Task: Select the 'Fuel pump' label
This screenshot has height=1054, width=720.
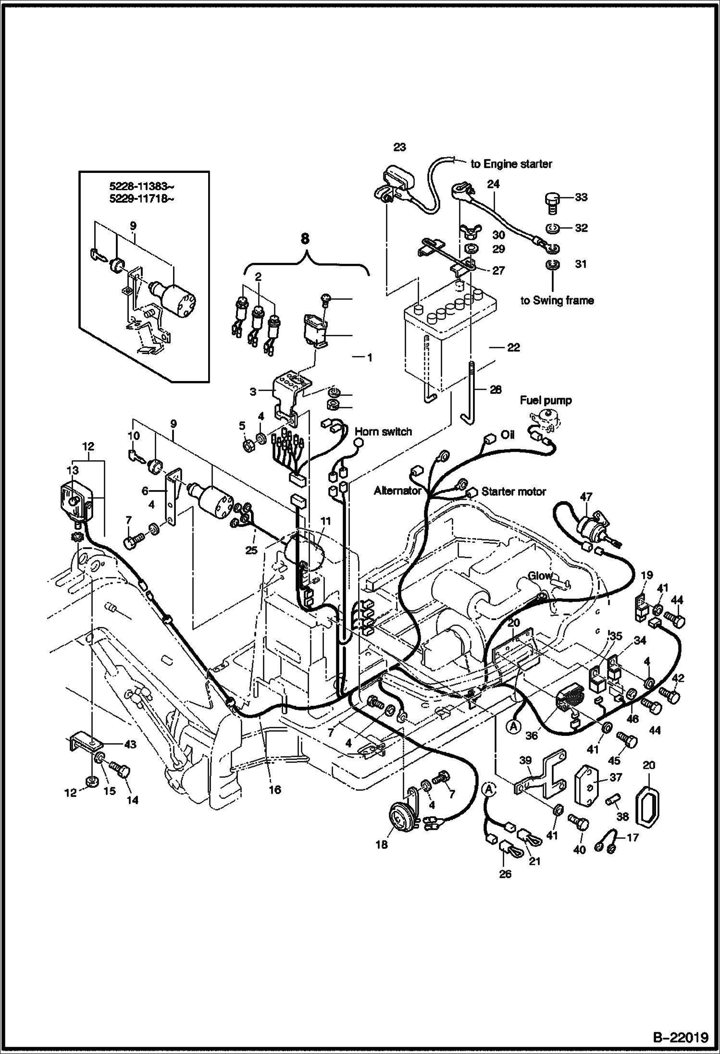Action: (546, 400)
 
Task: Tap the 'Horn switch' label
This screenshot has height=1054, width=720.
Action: (383, 431)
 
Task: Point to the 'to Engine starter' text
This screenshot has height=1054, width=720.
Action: (511, 164)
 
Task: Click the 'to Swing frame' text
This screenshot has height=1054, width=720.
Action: (557, 301)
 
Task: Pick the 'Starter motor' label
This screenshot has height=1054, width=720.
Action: (514, 491)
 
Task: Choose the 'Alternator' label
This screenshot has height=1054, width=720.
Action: (397, 490)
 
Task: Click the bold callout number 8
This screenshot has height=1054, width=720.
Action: (306, 239)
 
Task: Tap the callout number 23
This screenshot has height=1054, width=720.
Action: (399, 147)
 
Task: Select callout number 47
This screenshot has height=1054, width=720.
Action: (586, 497)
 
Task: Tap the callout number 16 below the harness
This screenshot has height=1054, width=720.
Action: (274, 790)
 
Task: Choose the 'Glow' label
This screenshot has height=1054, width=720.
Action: (539, 576)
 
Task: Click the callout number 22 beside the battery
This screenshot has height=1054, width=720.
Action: (513, 347)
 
